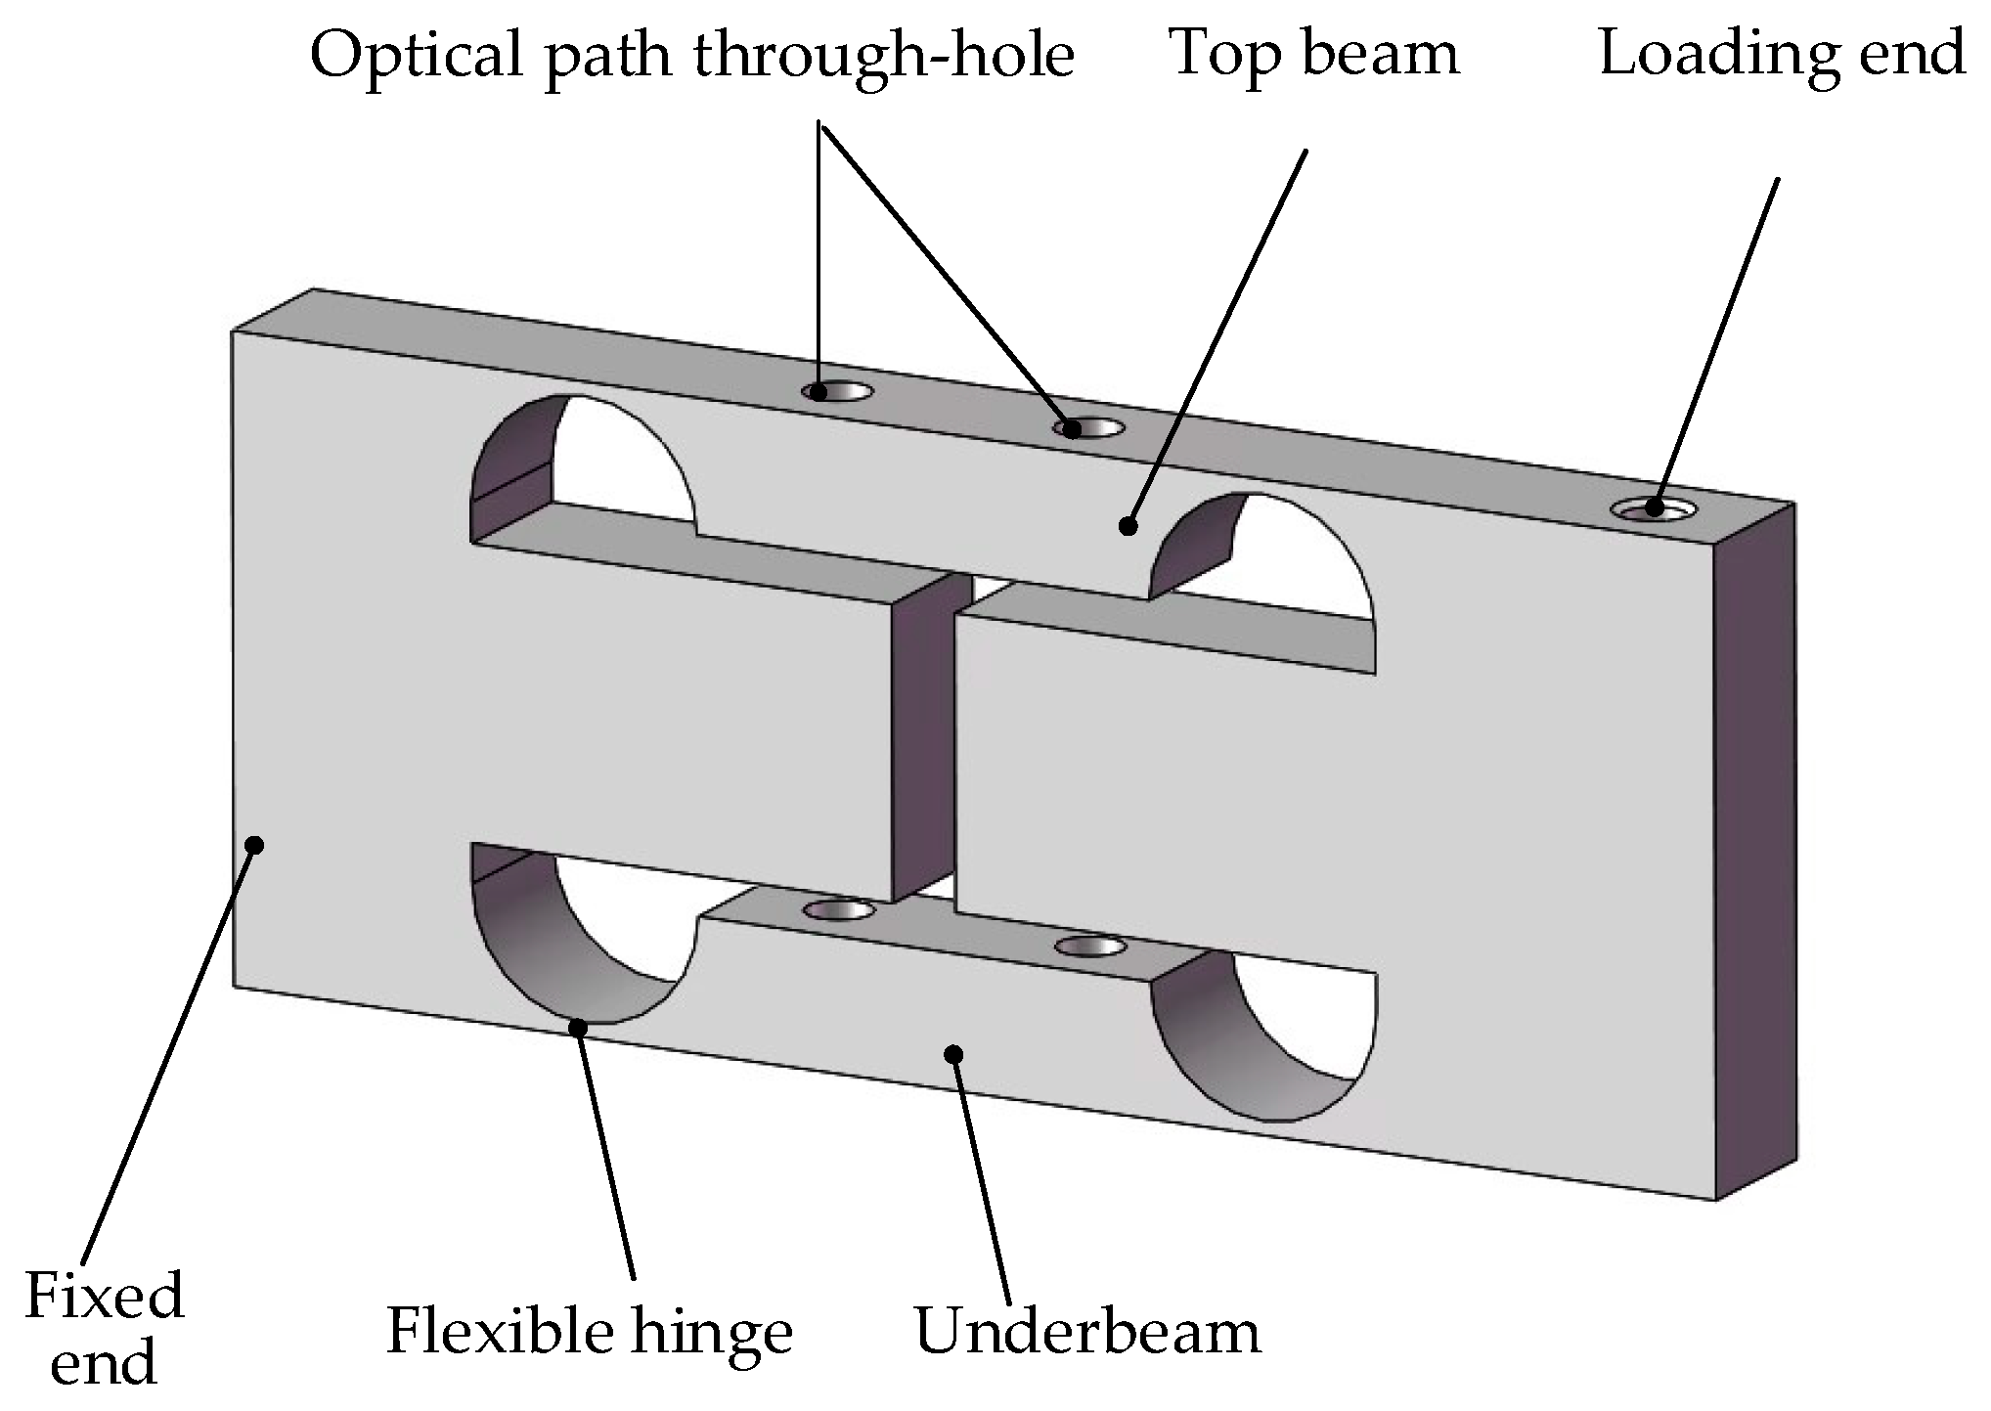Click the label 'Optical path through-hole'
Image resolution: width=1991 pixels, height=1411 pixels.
pos(691,56)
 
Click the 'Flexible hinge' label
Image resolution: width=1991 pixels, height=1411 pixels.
pos(589,1332)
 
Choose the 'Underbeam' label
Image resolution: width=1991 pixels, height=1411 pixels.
pos(1087,1332)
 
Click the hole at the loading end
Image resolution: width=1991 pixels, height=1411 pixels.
pos(1654,508)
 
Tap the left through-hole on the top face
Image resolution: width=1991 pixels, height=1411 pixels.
pos(837,393)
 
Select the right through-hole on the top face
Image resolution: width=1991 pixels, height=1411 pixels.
pos(1088,428)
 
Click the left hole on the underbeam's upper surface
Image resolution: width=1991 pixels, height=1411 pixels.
pos(838,910)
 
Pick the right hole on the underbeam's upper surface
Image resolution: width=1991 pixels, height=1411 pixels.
pos(1089,946)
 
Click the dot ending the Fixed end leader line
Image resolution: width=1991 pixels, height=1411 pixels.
pos(255,844)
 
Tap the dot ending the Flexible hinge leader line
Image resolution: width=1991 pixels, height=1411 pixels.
pos(579,1027)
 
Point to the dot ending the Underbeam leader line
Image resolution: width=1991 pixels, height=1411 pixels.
pos(953,1053)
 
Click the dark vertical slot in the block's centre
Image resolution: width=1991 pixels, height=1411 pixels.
pos(922,743)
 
